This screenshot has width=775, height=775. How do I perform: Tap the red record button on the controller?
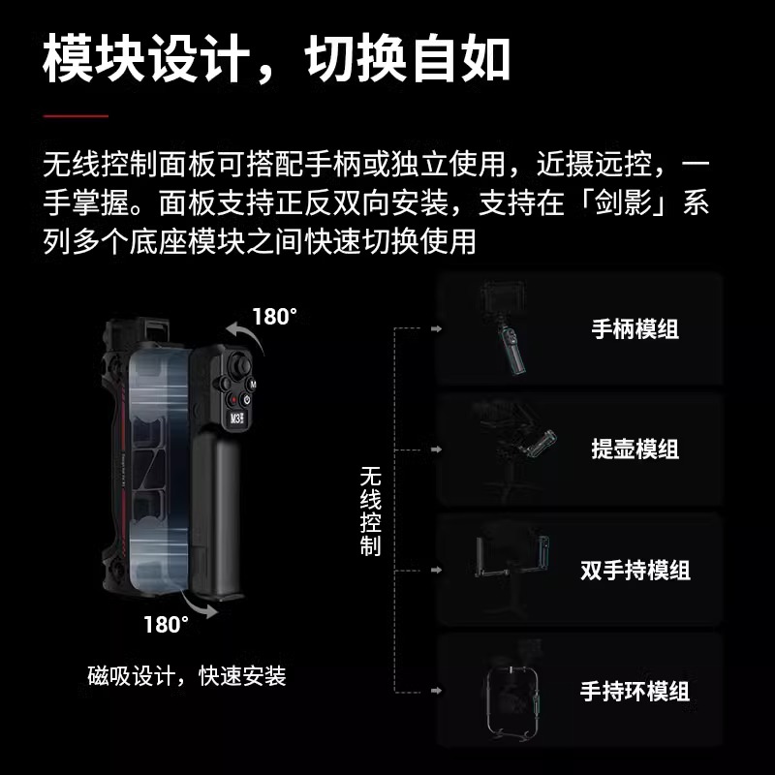pos(232,400)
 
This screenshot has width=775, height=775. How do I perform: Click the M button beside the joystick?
pos(252,384)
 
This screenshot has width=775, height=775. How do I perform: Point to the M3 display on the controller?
pos(237,419)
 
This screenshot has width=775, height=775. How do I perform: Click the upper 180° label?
pos(275,317)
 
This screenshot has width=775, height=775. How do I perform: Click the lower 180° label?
pos(166,624)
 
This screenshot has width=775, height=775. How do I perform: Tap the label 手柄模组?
pos(635,328)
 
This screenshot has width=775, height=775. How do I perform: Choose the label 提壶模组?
pos(635,449)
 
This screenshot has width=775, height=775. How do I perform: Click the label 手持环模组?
pos(635,691)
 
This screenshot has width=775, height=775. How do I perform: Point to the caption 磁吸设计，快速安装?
pos(186,675)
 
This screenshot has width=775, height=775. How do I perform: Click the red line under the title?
pos(76,115)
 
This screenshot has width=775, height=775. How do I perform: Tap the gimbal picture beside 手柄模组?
pos(509,329)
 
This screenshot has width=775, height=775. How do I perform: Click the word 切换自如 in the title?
pos(408,60)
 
